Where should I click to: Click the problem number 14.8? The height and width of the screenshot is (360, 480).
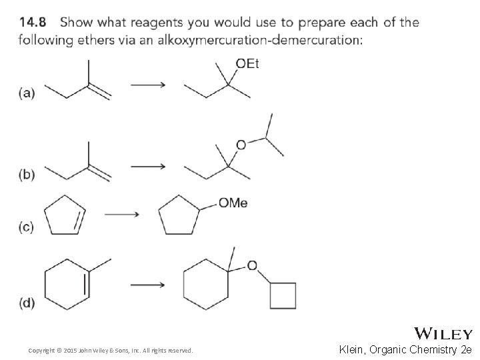33,22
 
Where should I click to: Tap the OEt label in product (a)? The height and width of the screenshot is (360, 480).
247,63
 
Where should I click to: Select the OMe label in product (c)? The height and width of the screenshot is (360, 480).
233,203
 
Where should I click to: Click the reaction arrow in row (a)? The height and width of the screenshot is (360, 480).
148,85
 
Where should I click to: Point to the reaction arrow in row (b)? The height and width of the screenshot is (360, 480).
148,166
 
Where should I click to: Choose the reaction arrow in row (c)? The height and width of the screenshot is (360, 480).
122,214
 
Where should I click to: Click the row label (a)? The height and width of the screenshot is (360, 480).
27,93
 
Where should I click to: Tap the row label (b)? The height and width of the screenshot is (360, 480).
27,175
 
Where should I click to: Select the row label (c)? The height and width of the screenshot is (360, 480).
26,227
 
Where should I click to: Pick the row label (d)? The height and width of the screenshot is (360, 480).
27,303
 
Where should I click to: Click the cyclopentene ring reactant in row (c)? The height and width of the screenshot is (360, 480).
64,215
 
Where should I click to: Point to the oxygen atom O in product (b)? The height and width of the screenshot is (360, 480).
241,145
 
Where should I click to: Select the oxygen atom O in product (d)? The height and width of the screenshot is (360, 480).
252,266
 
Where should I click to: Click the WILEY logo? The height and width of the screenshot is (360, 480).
443,333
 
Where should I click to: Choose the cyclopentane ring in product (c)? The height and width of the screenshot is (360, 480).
179,215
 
